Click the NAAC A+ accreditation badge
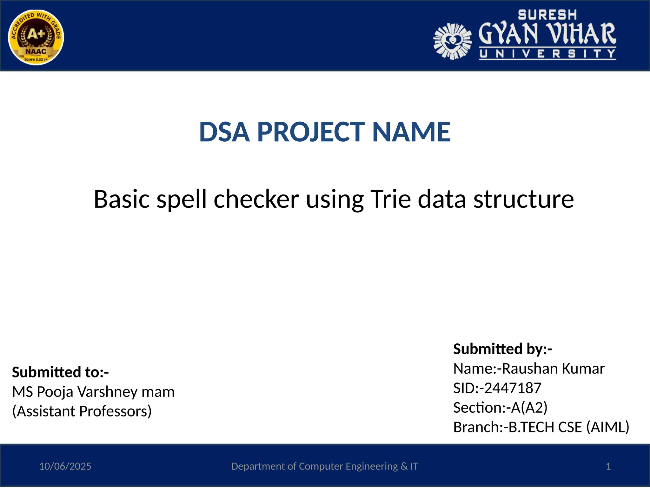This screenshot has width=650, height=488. point(36,37)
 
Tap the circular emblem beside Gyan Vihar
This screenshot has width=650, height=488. point(453,41)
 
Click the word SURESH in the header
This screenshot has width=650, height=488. point(547,15)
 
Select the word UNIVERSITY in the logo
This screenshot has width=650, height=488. point(547,54)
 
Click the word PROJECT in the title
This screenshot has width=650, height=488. point(310,132)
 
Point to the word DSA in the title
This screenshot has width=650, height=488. point(224,132)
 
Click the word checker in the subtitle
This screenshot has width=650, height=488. point(256,199)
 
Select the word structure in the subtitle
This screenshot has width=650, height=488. point(524,199)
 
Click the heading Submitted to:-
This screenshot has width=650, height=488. point(60,372)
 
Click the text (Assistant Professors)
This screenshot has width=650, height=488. point(82,411)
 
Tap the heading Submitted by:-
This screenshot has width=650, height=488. point(503,349)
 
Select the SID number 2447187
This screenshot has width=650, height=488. point(513,388)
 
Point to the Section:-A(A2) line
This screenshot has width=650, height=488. point(500,408)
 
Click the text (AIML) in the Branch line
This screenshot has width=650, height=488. point(607,427)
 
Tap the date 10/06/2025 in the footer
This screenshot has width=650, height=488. point(65,466)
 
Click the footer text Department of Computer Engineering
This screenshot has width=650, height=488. point(314,466)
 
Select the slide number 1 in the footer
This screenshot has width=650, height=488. point(608,466)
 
